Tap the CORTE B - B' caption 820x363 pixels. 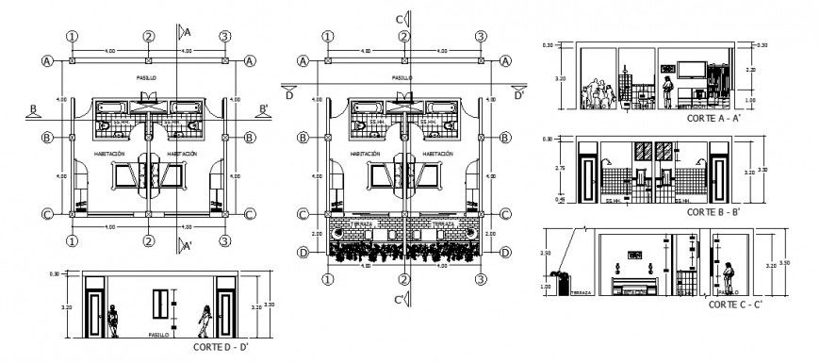coord(713,213)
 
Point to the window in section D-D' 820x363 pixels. coord(161,305)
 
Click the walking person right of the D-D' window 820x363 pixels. coord(203,322)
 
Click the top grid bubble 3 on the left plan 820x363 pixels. coord(225,36)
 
